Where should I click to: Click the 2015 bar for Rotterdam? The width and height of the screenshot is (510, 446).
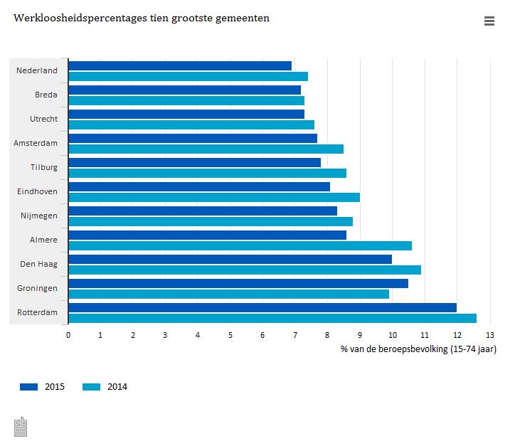(262, 307)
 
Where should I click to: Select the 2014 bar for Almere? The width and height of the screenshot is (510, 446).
(240, 246)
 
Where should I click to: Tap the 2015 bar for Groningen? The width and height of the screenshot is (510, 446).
(238, 283)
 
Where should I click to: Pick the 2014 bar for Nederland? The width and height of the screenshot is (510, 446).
(188, 76)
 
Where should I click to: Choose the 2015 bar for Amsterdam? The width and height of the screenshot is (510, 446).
(193, 138)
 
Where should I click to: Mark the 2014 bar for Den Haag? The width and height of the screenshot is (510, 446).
(245, 270)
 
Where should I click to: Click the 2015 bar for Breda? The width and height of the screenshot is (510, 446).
(185, 90)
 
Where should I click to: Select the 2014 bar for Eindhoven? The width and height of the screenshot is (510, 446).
(214, 197)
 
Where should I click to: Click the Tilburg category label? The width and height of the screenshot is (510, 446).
(44, 167)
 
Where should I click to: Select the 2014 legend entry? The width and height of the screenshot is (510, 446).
(105, 387)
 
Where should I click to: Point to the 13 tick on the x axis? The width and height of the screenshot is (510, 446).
(489, 334)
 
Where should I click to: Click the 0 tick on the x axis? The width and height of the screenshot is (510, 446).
(68, 334)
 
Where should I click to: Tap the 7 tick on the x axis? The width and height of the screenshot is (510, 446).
(295, 334)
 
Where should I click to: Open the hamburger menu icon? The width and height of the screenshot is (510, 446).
(489, 21)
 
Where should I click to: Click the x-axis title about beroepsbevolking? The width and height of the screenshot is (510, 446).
(418, 349)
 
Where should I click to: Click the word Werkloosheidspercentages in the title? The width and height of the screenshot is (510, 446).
(71, 18)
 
